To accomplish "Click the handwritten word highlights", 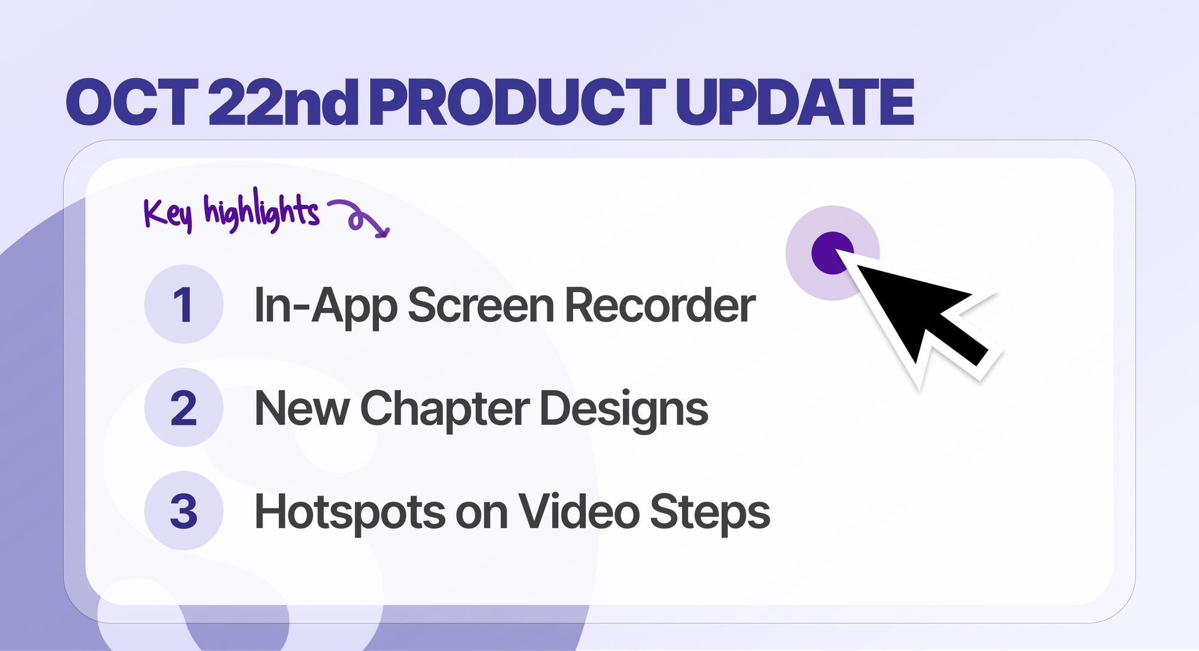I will (261, 211).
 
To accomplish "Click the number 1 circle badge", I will (183, 304).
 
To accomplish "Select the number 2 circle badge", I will (183, 407).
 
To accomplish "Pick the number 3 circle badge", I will (183, 511).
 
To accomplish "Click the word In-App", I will (324, 305).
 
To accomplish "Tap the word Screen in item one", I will (480, 305).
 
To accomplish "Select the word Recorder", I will (659, 305).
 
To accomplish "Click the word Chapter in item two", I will (444, 409).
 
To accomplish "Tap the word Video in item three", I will (578, 512).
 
